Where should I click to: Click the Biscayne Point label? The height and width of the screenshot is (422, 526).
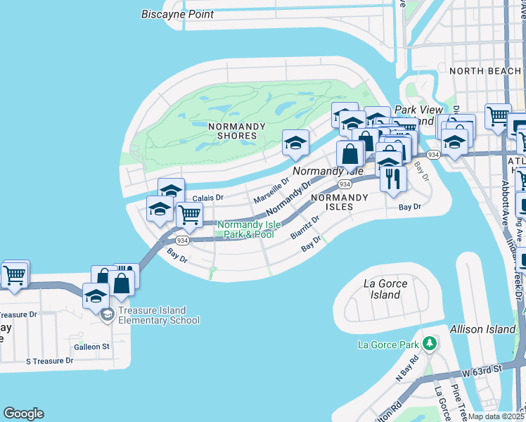coord(177,14)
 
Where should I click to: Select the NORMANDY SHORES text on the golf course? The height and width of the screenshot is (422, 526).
coord(237,131)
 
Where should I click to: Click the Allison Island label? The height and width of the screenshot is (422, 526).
coord(490,329)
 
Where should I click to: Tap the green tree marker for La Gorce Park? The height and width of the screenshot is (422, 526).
coord(428,344)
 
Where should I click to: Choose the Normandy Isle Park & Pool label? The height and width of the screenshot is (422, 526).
coord(245,230)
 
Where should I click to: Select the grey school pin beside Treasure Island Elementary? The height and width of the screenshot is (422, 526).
coord(106,314)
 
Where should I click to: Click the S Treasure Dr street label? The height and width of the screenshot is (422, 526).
coord(49,361)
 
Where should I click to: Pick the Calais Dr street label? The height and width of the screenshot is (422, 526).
coord(208,198)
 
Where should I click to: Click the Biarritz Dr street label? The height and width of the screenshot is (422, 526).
coord(306,227)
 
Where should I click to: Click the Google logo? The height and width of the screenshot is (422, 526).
coord(23,414)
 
